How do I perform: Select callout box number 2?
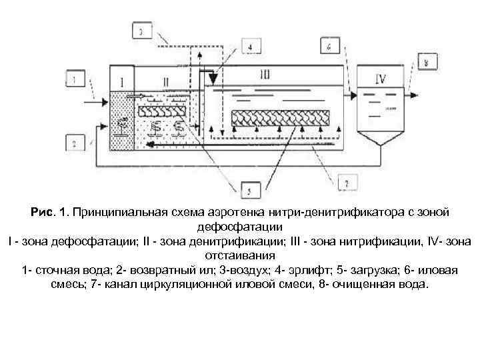coord(76,142)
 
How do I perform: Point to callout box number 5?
coord(248,192)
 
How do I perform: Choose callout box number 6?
coord(331,47)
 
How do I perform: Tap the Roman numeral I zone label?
coord(122,82)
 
